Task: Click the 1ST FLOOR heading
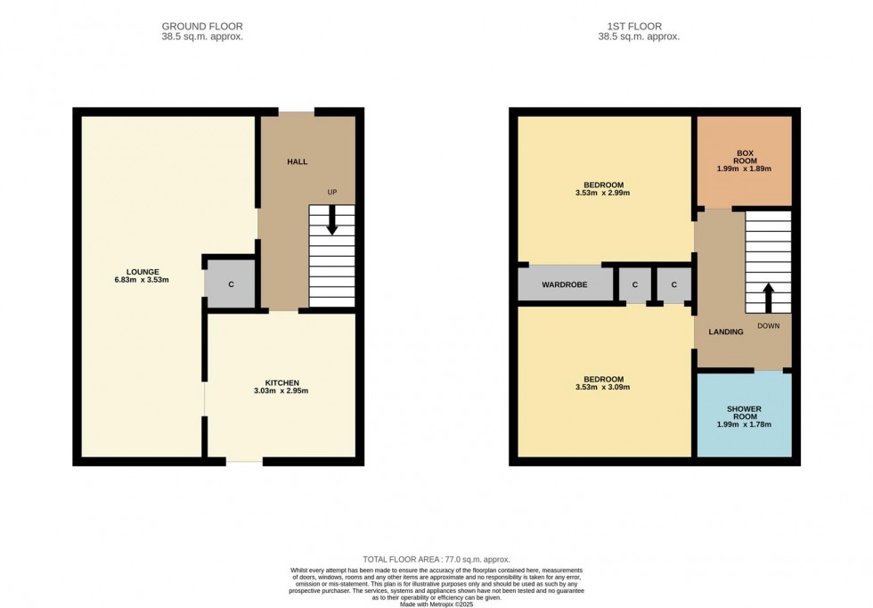[x=639, y=27]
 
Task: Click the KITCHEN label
[x=281, y=382]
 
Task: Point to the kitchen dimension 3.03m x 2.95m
[x=281, y=391]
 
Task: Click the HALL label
[x=297, y=161]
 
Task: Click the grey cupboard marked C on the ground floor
[x=231, y=285]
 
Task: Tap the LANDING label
[x=725, y=332]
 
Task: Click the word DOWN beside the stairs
[x=768, y=326]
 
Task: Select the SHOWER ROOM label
[x=744, y=412]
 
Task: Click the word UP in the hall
[x=332, y=192]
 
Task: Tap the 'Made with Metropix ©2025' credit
[x=436, y=604]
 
